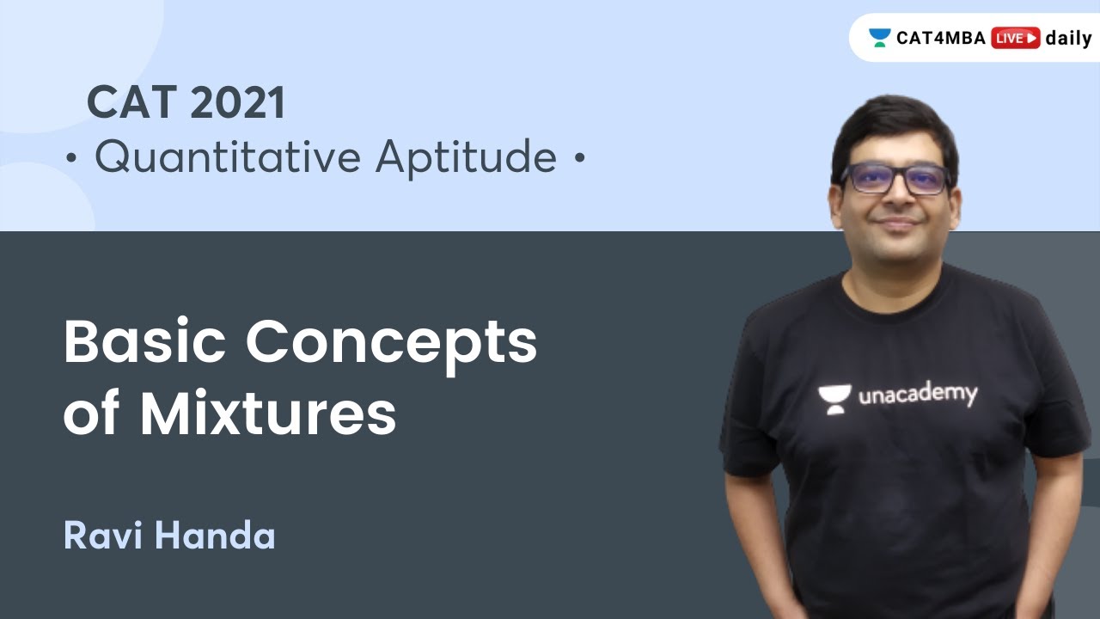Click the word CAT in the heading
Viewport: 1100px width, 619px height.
click(x=130, y=104)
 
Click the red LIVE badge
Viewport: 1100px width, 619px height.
click(x=1015, y=38)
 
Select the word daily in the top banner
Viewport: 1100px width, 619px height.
click(x=1068, y=38)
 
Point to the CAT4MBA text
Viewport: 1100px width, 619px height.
click(x=942, y=38)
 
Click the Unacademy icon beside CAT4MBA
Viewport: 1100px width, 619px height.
click(x=879, y=38)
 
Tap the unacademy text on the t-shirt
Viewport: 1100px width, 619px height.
click(x=917, y=395)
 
